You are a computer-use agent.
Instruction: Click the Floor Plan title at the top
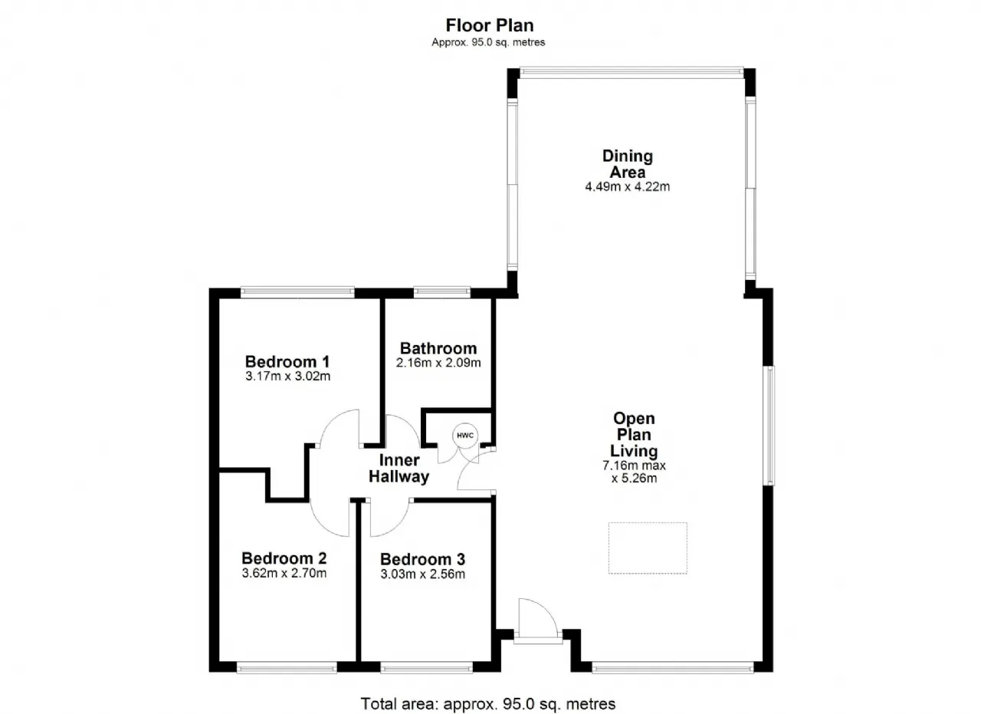(489, 25)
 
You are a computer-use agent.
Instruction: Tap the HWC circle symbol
(465, 436)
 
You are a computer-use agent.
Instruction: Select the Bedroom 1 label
(287, 362)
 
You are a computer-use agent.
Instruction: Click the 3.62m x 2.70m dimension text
(284, 573)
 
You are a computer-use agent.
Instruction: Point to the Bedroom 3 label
(422, 559)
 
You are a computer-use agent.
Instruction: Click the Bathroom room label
(438, 348)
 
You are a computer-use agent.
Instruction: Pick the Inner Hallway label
(399, 468)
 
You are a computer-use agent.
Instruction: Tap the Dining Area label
(628, 164)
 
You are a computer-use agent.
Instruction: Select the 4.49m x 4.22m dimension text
(628, 186)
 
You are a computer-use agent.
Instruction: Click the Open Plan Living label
(634, 435)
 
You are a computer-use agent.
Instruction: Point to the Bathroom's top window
(442, 292)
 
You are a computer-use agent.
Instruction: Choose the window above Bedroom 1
(297, 292)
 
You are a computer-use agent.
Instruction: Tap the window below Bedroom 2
(287, 667)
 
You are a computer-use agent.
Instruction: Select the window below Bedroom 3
(427, 667)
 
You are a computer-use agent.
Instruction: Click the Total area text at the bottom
(488, 703)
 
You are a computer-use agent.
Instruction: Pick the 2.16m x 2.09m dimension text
(438, 363)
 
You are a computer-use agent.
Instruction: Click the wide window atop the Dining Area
(632, 73)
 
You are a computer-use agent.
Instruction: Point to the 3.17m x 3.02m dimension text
(287, 376)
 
